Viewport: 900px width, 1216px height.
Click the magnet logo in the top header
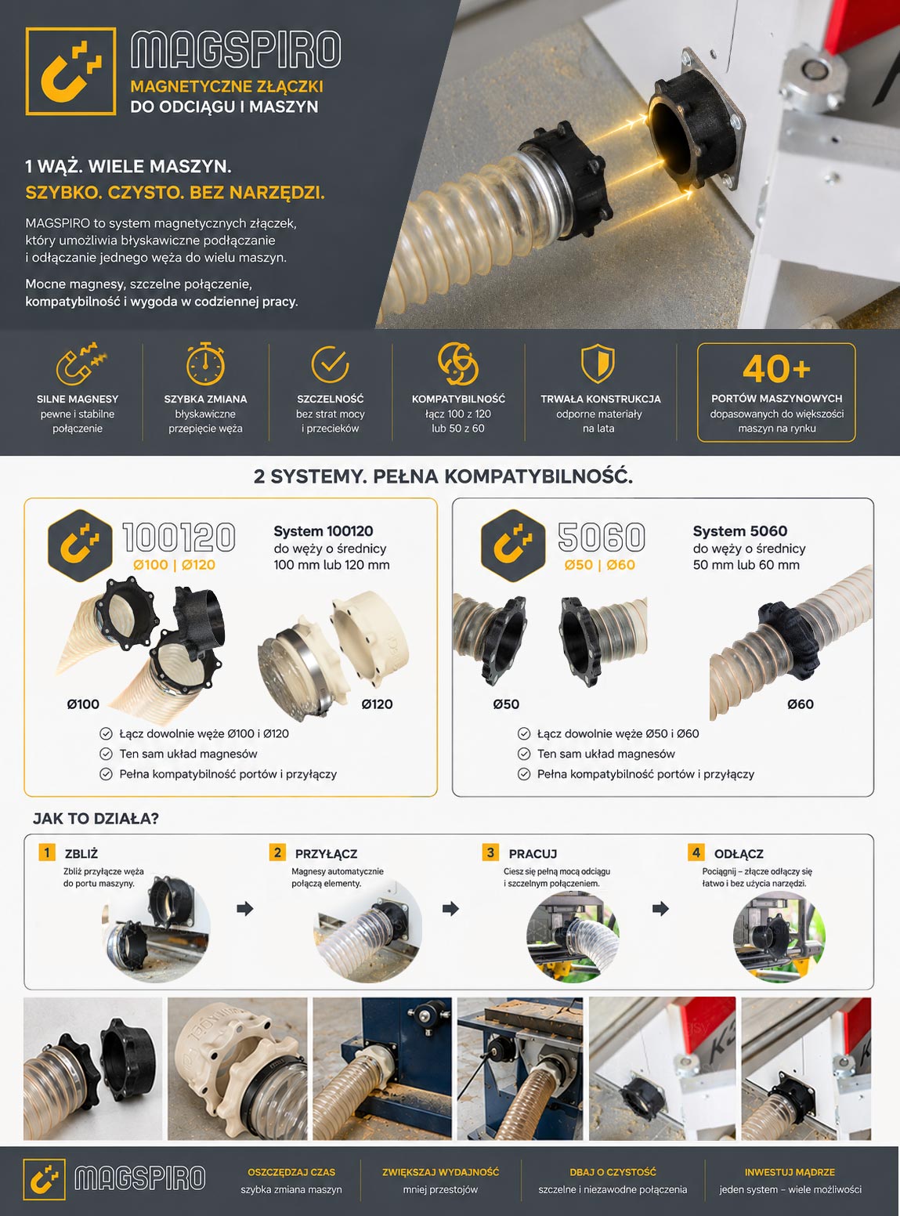[x=70, y=71]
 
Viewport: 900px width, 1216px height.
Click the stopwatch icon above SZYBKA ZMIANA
[x=205, y=364]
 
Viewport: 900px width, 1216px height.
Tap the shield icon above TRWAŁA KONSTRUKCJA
[x=598, y=363]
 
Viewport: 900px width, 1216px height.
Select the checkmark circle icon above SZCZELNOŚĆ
[x=330, y=364]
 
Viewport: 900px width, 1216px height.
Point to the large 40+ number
[x=776, y=368]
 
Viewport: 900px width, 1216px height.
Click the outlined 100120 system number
[x=179, y=537]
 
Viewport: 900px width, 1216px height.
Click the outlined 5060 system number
[x=602, y=537]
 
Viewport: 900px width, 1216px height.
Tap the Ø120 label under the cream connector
[x=377, y=704]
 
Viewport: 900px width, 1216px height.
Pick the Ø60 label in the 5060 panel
[x=801, y=704]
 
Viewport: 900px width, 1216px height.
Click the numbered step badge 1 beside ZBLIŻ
[x=47, y=852]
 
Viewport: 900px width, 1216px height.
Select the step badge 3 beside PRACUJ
[x=490, y=852]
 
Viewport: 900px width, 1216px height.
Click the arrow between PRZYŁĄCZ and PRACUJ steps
[x=450, y=909]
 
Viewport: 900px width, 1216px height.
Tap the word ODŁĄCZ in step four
[x=739, y=853]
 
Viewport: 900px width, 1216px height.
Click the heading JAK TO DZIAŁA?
[x=96, y=819]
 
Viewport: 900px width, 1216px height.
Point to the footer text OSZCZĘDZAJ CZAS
[x=291, y=1172]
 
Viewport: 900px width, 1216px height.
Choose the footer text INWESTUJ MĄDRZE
[x=790, y=1172]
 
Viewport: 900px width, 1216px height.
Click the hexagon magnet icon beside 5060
[x=513, y=545]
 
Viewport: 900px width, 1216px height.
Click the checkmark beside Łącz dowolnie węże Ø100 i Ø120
[x=106, y=733]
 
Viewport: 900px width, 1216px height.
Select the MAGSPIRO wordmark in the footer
[x=139, y=1178]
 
